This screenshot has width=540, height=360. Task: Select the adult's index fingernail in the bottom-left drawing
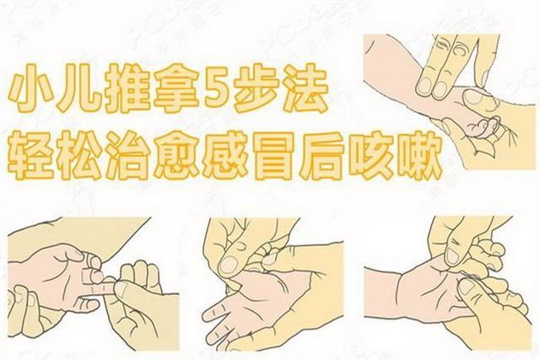(x=121, y=288)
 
